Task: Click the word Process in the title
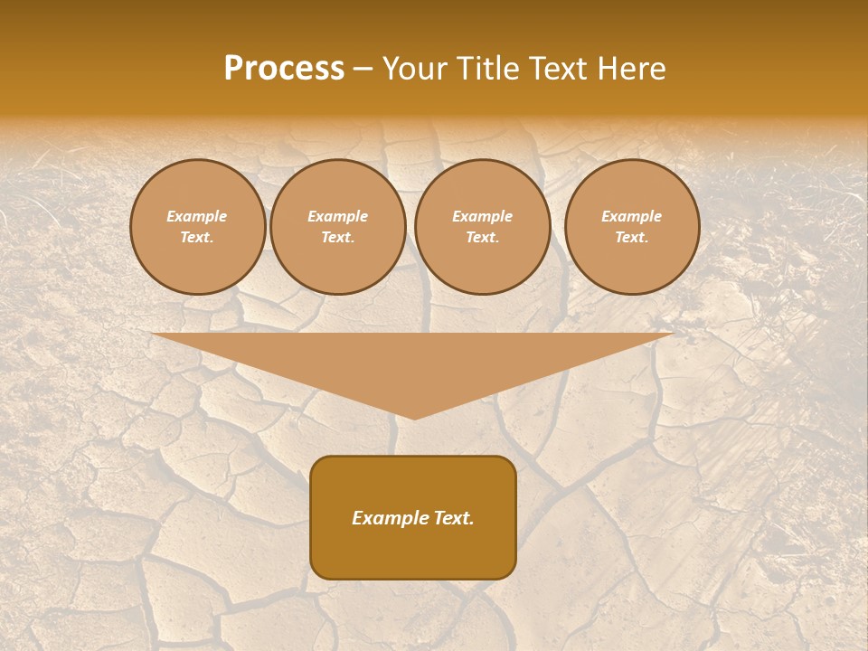pyautogui.click(x=284, y=69)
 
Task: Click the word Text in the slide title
pyautogui.click(x=561, y=69)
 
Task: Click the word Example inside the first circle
pyautogui.click(x=197, y=216)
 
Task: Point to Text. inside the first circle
pyautogui.click(x=197, y=238)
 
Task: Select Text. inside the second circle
pyautogui.click(x=338, y=238)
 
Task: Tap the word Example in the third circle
pyautogui.click(x=482, y=216)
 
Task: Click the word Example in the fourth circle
pyautogui.click(x=632, y=216)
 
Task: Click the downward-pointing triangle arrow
pyautogui.click(x=413, y=362)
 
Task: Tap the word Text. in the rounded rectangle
pyautogui.click(x=453, y=518)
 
